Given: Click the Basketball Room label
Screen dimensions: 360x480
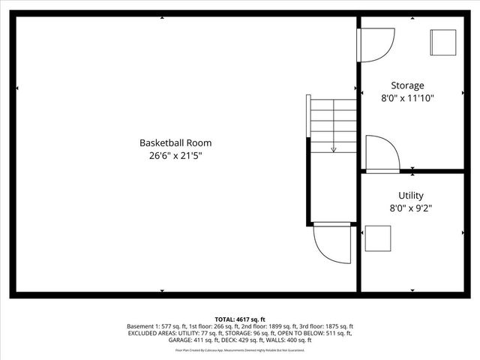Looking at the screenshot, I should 175,142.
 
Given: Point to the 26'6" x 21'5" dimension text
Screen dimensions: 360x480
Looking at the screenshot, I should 175,156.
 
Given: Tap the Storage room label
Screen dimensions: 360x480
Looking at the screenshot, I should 407,85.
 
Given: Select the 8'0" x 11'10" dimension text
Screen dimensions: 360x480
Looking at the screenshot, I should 407,98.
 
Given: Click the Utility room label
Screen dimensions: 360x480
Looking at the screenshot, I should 410,196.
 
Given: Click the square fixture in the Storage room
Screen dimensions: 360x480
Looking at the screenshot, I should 442,42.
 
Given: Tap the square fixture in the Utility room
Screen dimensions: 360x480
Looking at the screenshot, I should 377,238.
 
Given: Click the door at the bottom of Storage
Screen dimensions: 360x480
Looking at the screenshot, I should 382,153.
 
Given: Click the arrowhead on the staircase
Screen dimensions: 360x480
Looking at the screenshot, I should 334,149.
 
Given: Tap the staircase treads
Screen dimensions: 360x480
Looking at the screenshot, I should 334,124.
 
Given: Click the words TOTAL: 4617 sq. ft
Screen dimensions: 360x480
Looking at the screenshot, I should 240,319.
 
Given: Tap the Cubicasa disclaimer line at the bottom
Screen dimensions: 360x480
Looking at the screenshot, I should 240,350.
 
